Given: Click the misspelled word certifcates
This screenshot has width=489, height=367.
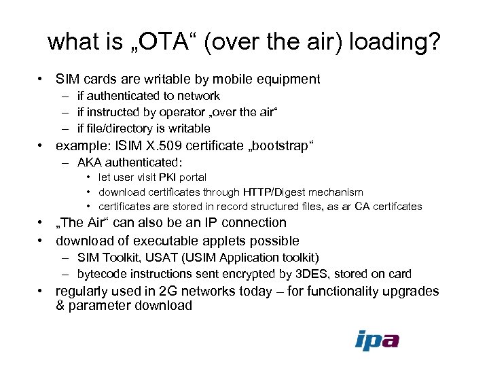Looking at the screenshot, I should point(399,206).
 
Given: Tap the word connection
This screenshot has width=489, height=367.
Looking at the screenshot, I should point(255,222).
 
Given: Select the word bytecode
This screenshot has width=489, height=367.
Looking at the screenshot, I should point(102,274).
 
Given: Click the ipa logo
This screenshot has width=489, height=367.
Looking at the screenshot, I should point(377,340).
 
